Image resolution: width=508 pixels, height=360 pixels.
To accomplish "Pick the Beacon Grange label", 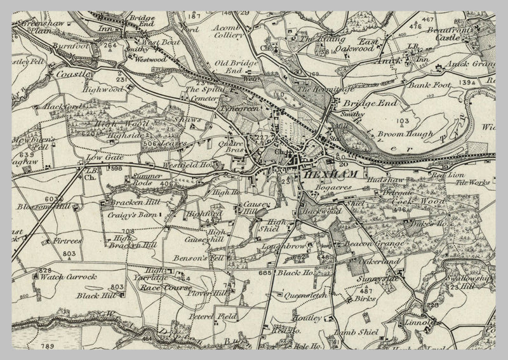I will point(368,243).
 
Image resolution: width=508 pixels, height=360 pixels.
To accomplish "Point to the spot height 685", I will point(265,272).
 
